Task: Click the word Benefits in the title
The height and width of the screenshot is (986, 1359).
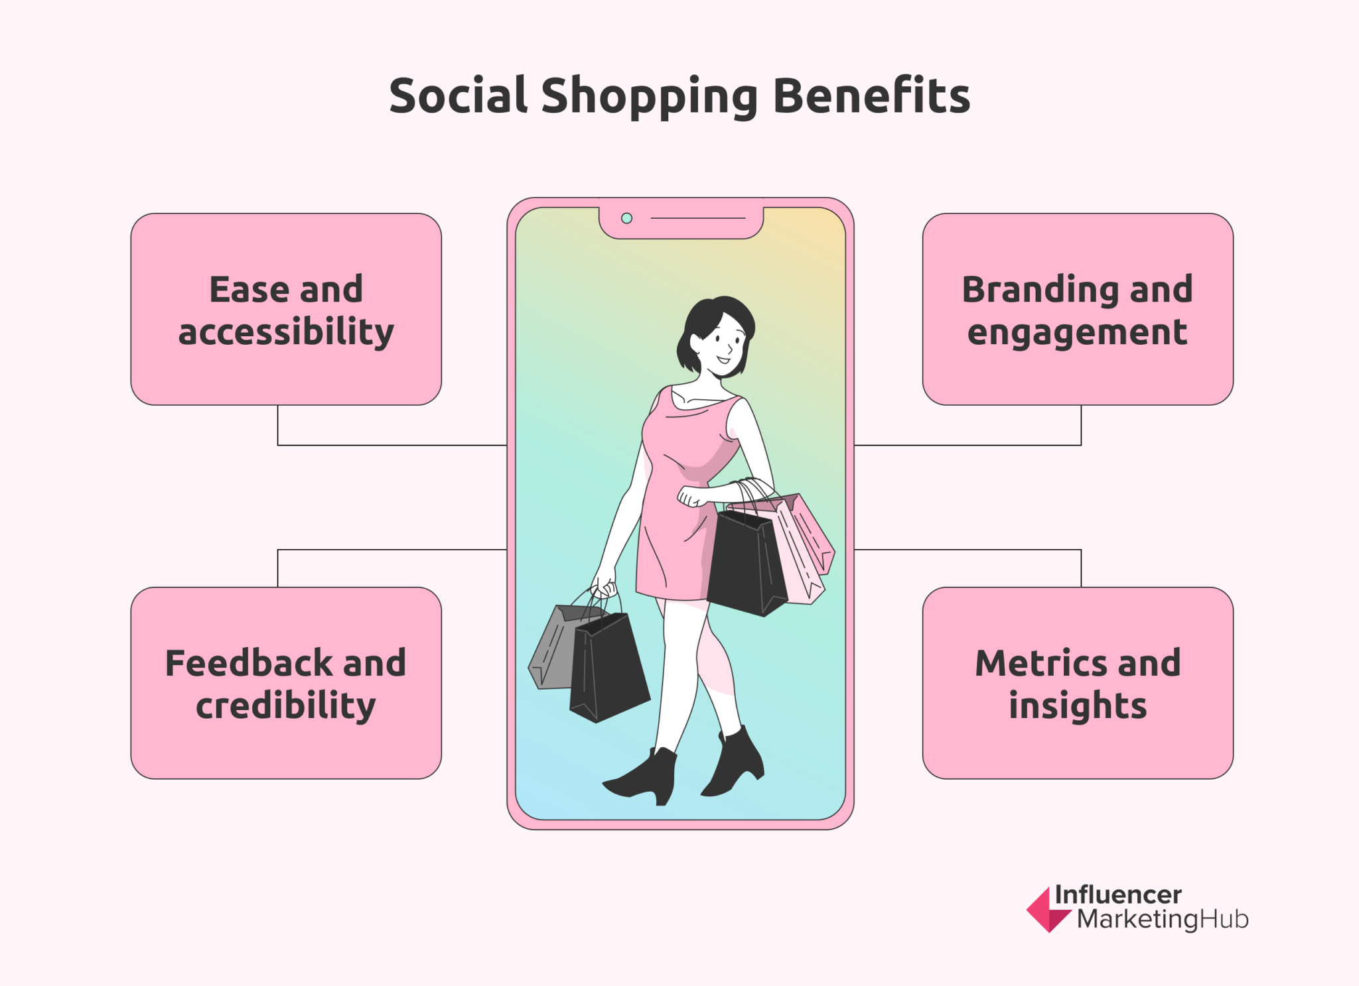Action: tap(871, 96)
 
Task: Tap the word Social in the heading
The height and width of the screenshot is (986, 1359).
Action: tap(458, 96)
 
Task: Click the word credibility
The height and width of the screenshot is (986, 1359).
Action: tap(286, 706)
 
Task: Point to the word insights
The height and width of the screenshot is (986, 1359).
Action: tap(1078, 706)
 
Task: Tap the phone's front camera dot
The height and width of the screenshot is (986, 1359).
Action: tap(626, 218)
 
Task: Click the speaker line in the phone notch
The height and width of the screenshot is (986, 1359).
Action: tap(698, 218)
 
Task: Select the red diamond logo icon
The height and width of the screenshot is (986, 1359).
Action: tap(1046, 910)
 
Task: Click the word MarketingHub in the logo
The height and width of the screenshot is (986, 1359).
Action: tap(1163, 920)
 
